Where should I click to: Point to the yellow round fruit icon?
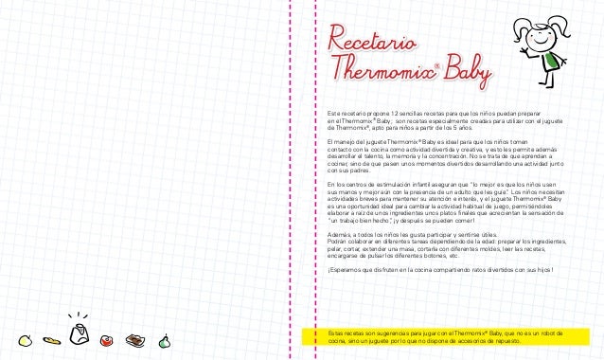pos(27,337)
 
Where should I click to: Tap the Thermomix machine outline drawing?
pos(80,333)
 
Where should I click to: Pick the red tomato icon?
pos(107,338)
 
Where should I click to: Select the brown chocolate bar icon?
pos(136,338)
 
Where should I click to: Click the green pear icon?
pos(164,338)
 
